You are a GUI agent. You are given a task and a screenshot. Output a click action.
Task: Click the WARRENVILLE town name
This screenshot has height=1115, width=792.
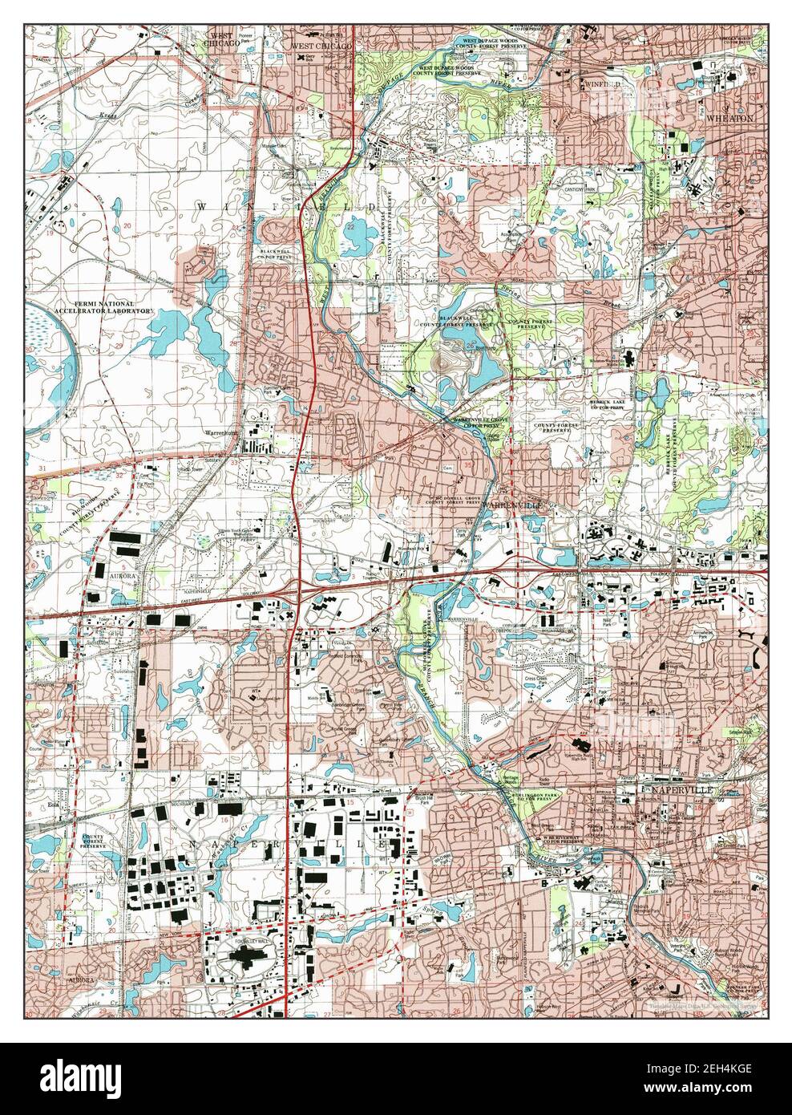click(513, 506)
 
